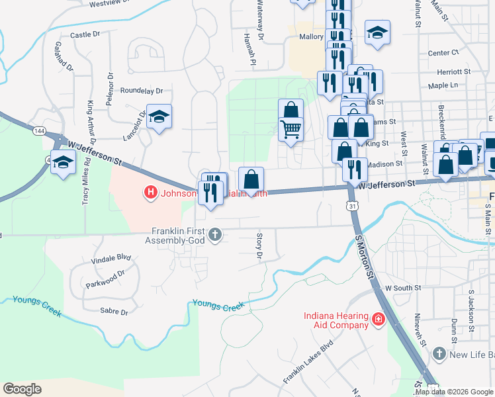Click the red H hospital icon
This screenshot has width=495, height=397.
tap(150, 193)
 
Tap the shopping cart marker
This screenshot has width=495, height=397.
tap(291, 129)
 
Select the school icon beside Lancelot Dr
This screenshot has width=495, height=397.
tap(159, 118)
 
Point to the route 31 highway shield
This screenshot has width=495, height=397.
tap(354, 206)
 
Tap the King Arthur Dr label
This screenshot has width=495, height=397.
tap(91, 122)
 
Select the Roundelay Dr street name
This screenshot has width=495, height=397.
tap(141, 91)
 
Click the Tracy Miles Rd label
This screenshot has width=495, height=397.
tap(86, 186)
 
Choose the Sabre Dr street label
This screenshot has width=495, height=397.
tap(112, 310)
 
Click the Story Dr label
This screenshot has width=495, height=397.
tap(259, 245)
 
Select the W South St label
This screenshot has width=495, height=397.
tap(403, 288)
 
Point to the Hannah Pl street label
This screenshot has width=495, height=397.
tap(250, 50)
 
